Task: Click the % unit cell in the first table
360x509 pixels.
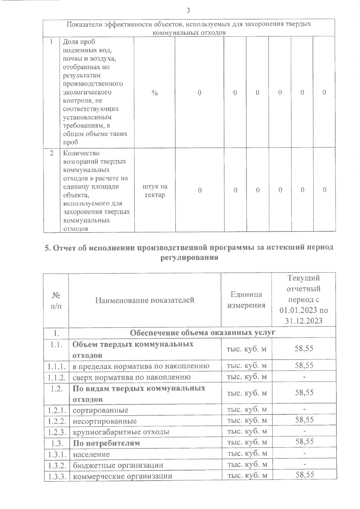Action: point(154,93)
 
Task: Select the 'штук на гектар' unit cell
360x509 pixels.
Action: point(155,191)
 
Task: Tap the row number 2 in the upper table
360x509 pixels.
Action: point(52,153)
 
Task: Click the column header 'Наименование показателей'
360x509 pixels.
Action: point(145,300)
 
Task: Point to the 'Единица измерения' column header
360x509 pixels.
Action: point(246,300)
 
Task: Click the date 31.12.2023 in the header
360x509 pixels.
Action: point(304,321)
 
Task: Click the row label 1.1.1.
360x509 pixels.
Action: point(56,366)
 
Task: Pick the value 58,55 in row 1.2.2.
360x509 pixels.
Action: point(304,420)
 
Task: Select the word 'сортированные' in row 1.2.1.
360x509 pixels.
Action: point(100,410)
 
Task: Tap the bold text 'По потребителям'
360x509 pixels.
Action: point(106,443)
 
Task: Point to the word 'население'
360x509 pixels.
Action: point(91,454)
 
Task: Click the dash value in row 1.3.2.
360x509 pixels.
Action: point(304,465)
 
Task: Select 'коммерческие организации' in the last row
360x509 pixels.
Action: point(122,476)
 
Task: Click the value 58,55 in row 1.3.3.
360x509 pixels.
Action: point(304,475)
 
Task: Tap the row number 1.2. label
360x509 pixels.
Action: point(56,389)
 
